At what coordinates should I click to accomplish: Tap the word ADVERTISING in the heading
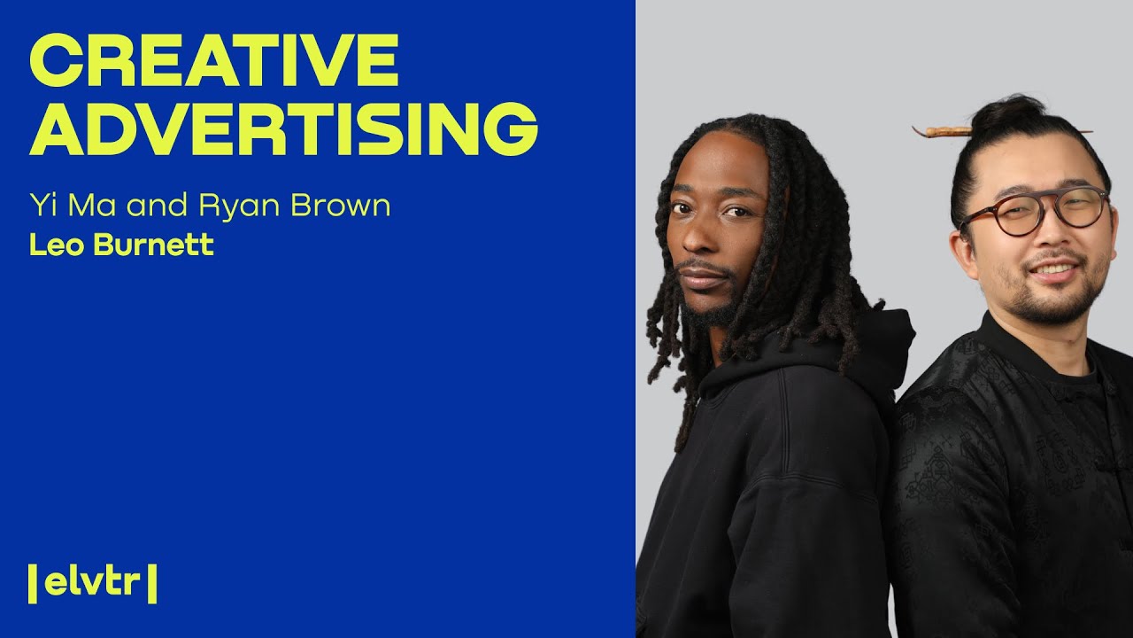[x=283, y=129]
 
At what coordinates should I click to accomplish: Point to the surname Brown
[x=343, y=206]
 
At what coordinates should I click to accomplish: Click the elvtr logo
[x=93, y=582]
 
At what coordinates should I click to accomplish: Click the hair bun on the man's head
[x=1008, y=115]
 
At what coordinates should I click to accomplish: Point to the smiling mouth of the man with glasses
[x=1053, y=268]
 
